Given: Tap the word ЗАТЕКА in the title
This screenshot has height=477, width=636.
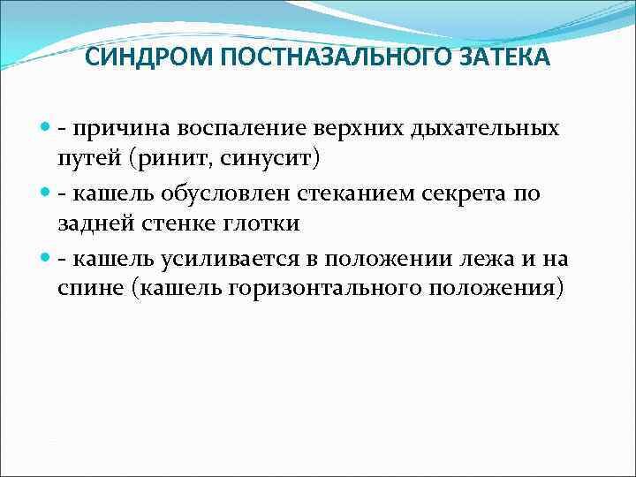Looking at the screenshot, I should click(503, 58).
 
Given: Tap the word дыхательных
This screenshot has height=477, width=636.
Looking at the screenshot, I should click(485, 130).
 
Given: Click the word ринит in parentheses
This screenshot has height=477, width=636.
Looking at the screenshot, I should click(176, 160).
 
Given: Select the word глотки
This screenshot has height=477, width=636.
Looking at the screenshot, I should click(261, 224).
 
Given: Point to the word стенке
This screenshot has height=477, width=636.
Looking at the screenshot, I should click(171, 224).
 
